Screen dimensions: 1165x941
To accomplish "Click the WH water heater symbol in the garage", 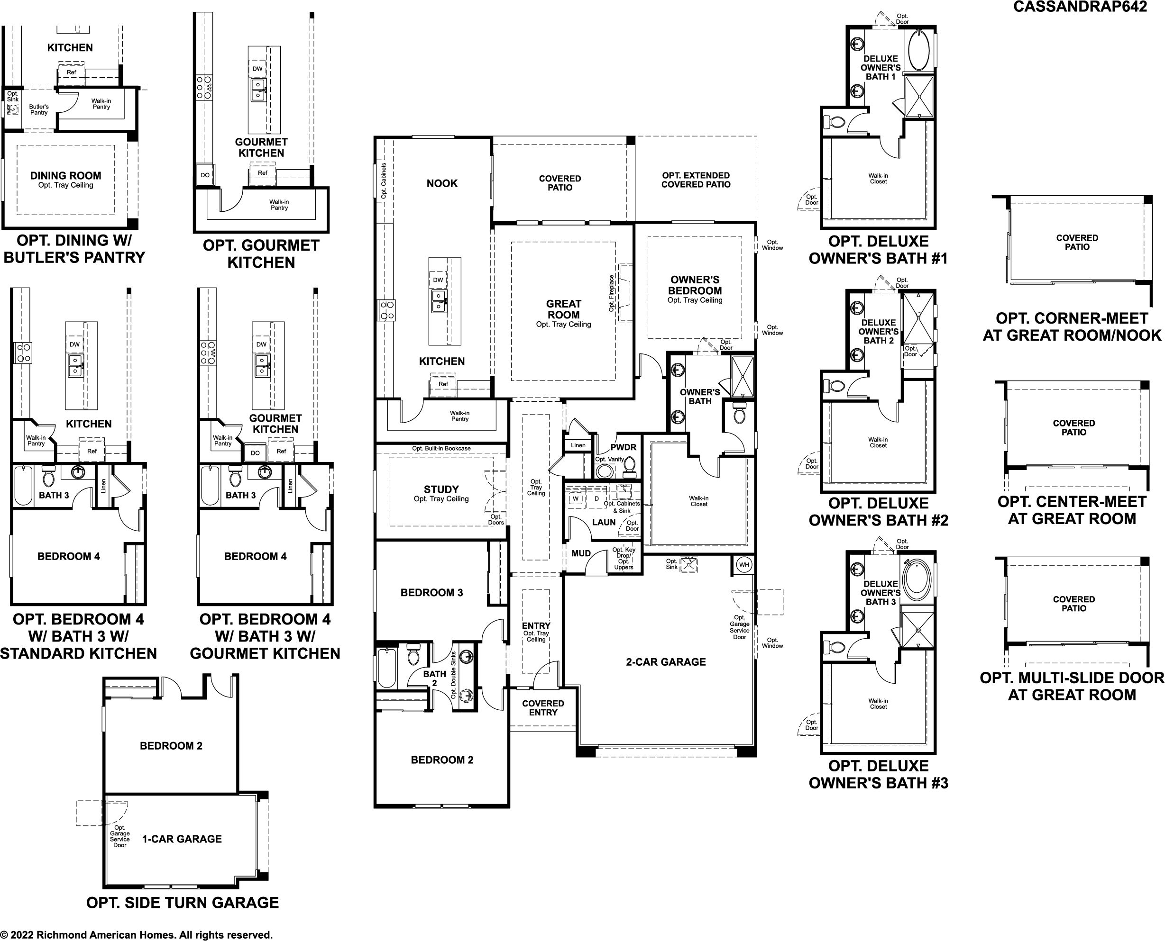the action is point(743,565).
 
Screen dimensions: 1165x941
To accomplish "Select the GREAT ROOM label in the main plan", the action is point(563,309).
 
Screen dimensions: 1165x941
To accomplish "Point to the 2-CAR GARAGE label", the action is point(666,662).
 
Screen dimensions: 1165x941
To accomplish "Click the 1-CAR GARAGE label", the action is point(182,839).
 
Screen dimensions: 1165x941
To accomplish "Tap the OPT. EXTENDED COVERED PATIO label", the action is point(696,180).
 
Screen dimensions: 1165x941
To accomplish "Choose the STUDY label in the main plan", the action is point(441,489).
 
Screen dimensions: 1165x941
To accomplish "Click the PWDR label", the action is point(623,447).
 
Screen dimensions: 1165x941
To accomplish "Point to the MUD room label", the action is point(581,553).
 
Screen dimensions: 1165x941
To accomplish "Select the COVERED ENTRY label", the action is point(543,708).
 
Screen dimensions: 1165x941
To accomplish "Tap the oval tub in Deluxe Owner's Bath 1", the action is point(918,50).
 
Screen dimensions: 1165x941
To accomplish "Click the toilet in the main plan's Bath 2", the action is point(413,655).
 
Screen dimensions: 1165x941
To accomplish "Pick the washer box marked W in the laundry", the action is point(576,498).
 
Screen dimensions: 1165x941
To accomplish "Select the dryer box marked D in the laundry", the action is point(596,498).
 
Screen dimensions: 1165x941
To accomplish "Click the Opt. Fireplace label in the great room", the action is point(611,293).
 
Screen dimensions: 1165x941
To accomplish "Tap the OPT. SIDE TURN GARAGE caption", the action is point(183,903).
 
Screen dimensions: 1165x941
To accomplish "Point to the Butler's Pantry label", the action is point(39,109).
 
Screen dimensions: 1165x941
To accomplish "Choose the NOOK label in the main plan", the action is point(442,183).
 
